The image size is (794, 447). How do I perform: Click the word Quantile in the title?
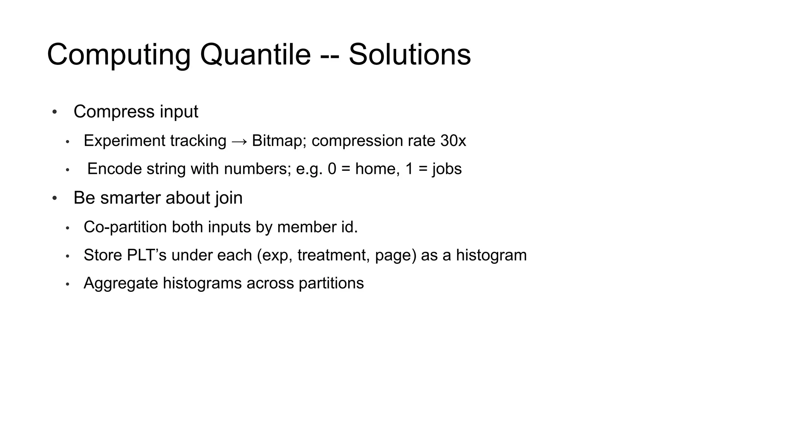coord(255,55)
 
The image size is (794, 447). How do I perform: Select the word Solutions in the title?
coord(409,55)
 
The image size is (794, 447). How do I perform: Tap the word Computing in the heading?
coord(119,55)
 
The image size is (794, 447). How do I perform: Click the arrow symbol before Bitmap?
coord(239,141)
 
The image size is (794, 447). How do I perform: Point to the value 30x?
coord(453,141)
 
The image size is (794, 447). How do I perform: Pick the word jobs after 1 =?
coord(447,169)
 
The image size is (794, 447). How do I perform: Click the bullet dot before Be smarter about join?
coord(55,199)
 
